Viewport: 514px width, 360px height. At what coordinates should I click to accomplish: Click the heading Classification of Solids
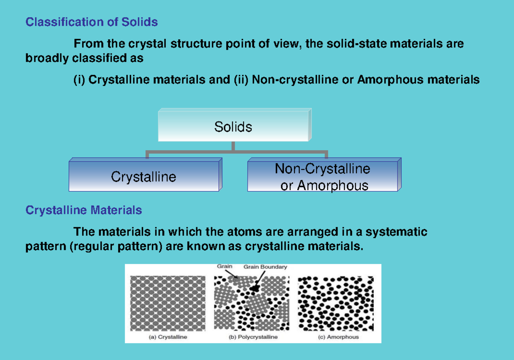tap(92, 22)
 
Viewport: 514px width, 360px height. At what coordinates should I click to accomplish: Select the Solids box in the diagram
tap(233, 127)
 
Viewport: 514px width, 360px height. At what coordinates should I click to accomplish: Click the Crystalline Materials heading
tap(84, 210)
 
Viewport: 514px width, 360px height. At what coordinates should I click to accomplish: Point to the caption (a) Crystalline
tap(168, 337)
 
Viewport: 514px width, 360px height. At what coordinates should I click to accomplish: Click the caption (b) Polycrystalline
tap(253, 337)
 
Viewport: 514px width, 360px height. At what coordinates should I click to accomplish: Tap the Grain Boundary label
tap(265, 267)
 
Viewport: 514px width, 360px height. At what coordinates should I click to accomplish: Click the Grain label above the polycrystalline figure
tap(224, 266)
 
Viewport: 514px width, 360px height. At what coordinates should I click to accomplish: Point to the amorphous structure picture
tap(335, 303)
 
